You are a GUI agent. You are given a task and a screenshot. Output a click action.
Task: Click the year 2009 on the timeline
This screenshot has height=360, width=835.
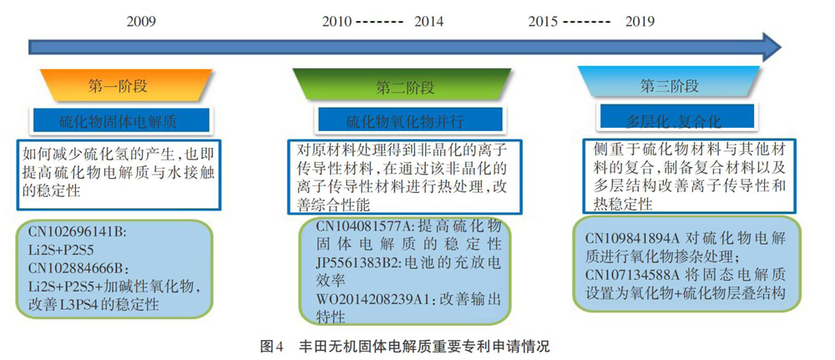(141, 22)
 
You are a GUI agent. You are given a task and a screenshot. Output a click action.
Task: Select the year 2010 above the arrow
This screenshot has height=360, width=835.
(337, 22)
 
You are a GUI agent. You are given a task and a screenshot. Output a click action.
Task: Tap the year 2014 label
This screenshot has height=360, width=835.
(428, 22)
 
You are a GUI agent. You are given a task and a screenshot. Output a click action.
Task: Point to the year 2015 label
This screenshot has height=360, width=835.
(544, 22)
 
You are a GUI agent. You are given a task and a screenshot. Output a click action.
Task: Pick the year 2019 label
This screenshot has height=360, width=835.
(640, 22)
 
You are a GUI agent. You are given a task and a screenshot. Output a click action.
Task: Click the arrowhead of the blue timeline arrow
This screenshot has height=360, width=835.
(771, 46)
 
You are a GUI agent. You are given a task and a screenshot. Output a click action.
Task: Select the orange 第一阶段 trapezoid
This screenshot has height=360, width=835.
(118, 85)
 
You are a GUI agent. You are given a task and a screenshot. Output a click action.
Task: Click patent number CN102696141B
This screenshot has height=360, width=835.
(76, 232)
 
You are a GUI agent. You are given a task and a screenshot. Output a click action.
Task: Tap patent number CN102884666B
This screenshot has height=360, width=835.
(77, 267)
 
